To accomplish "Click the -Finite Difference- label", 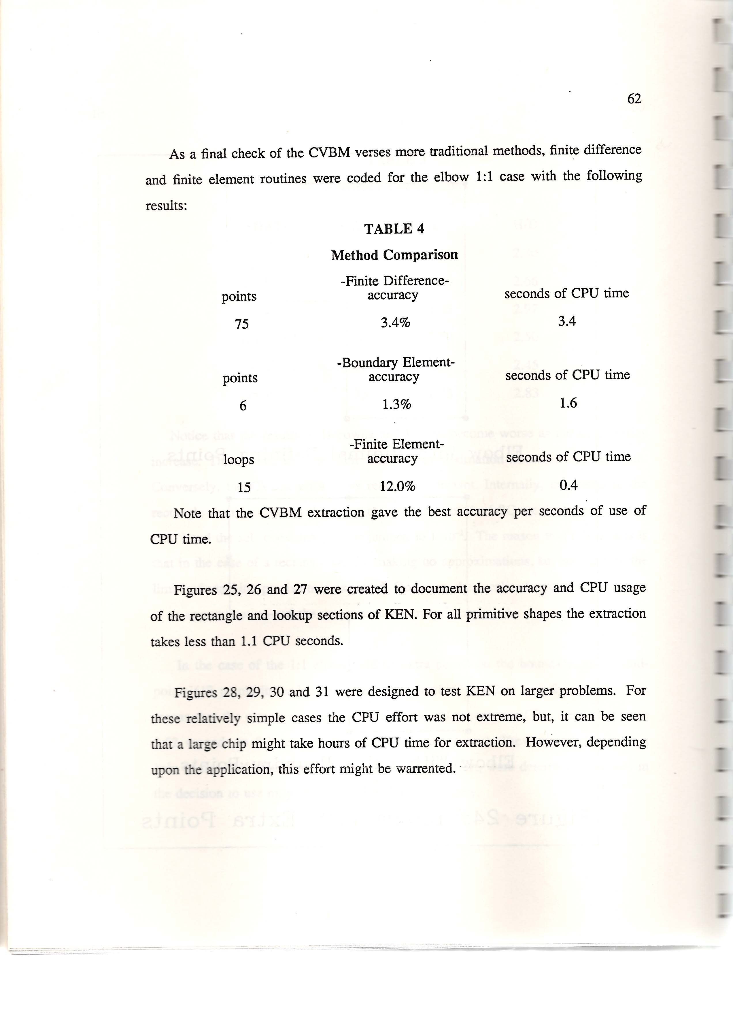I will coord(394,281).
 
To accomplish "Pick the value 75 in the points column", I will coord(242,324).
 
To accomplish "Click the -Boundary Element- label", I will coord(396,363).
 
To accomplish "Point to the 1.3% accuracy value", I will coord(396,404).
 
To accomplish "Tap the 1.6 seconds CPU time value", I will coord(568,403).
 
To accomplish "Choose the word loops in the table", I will coord(239,459).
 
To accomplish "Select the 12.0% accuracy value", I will coord(397,486).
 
